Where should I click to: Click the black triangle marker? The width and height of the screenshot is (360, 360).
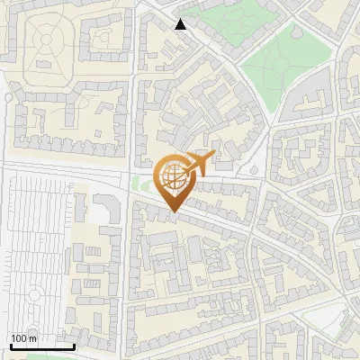tap(181, 24)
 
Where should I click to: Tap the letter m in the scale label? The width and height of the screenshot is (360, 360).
tap(34, 338)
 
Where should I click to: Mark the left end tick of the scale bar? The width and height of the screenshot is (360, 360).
tap(11, 346)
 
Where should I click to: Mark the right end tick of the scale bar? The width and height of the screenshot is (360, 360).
tap(74, 346)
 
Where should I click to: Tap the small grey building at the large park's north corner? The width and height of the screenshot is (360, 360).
tap(297, 27)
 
